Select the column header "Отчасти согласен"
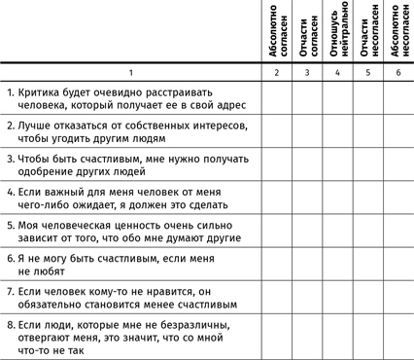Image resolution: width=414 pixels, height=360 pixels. [x=306, y=33]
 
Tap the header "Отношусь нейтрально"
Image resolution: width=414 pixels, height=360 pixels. [x=337, y=33]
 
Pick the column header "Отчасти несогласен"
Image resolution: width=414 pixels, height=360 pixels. [x=368, y=33]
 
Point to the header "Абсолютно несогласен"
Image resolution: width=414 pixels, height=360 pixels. [x=398, y=33]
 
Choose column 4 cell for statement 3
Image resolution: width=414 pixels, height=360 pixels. [x=337, y=164]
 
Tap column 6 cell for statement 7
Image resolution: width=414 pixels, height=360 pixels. [x=398, y=297]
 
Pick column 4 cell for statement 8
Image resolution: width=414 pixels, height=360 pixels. [x=337, y=338]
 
